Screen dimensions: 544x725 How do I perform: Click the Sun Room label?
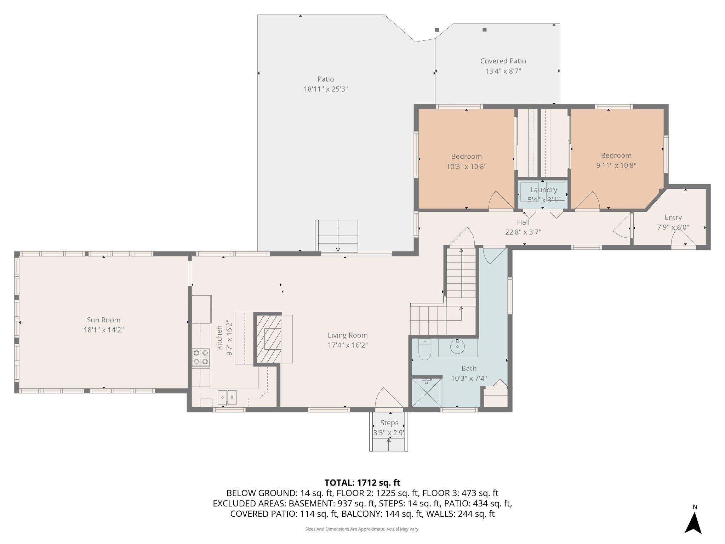coord(103,320)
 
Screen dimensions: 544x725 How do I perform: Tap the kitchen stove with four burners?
coord(200,357)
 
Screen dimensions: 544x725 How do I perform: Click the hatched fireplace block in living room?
coord(268,339)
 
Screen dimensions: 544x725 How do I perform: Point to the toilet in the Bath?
coord(424,350)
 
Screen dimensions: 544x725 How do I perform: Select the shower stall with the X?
coord(427,392)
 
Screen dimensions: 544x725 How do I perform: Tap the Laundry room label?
coord(543,190)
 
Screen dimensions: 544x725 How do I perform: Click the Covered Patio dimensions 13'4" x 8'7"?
coord(503,71)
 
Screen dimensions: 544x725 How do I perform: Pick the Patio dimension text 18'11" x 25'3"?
coord(326,89)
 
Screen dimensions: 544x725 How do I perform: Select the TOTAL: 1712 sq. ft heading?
coord(362,483)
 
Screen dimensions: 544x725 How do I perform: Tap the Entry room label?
coord(673,217)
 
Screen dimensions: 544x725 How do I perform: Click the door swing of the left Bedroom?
coord(499,201)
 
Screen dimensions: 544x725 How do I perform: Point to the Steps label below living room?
coord(389,423)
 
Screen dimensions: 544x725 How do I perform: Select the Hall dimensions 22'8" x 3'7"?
coord(523,232)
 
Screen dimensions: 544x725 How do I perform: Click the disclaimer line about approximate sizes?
coord(362,529)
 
